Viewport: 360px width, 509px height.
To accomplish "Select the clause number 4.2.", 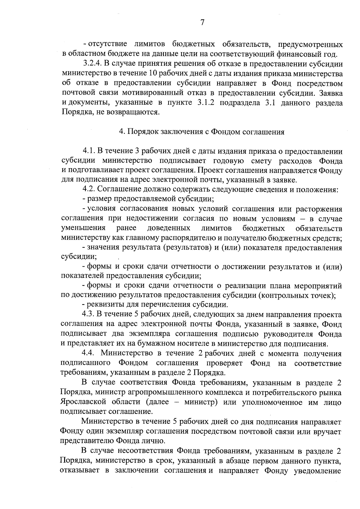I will click(89, 190).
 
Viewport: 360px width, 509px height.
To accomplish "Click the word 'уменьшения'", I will click(83, 228).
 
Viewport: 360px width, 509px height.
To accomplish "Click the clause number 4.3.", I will click(89, 315).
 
